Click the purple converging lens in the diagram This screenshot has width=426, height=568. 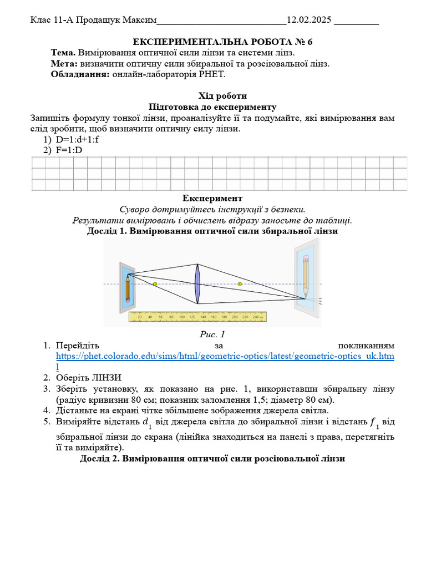(197, 284)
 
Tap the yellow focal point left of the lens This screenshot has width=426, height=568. (155, 284)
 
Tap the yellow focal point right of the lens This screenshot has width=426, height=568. (240, 284)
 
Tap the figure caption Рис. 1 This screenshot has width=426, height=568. (212, 334)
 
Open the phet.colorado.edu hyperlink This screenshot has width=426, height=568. (225, 356)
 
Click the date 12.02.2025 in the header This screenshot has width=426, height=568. (308, 21)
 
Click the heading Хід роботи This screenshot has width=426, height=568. (222, 96)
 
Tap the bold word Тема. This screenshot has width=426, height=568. (63, 53)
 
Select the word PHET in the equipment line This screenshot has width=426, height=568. (214, 74)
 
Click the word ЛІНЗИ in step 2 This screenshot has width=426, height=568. (104, 377)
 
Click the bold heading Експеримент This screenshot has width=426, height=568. (212, 198)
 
